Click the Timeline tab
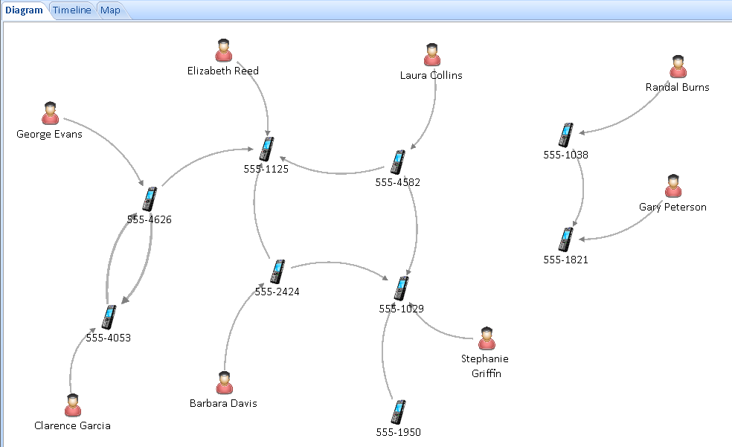72,10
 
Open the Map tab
110,10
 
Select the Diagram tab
25,10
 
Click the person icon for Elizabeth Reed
224,51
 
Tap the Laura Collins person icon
432,55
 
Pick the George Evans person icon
50,113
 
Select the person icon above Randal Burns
678,67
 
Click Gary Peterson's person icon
673,186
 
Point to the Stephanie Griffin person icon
487,338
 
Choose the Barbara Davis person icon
225,383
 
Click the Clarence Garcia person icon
73,405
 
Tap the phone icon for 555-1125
266,149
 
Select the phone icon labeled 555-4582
398,162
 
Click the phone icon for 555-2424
277,271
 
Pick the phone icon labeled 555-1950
398,412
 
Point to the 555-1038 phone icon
566,135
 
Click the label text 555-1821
566,260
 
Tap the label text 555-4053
109,338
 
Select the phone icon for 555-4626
150,199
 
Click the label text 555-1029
402,309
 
